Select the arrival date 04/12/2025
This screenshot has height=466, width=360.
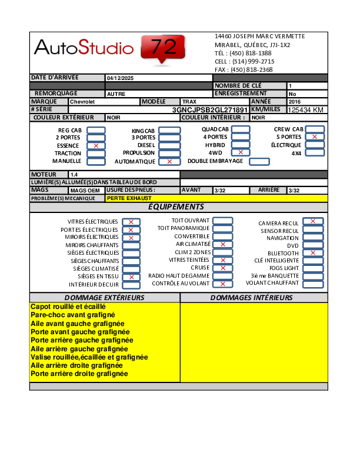[121, 78]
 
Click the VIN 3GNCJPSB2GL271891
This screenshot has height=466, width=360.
[210, 110]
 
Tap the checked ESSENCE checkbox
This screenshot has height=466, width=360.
[96, 145]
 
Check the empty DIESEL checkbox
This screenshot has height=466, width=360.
[169, 145]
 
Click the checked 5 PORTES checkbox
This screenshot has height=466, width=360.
[315, 137]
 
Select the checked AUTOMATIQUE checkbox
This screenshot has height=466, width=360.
[169, 161]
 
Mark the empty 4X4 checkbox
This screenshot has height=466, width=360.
[315, 153]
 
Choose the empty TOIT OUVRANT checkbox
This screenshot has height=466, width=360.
[222, 221]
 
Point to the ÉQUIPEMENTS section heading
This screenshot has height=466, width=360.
[176, 207]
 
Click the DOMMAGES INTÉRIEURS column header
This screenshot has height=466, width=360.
[251, 298]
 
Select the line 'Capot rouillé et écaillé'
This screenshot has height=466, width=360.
[68, 307]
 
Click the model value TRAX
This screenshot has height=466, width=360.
[189, 102]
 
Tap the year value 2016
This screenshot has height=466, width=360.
[295, 102]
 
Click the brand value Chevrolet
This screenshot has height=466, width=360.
[83, 102]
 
